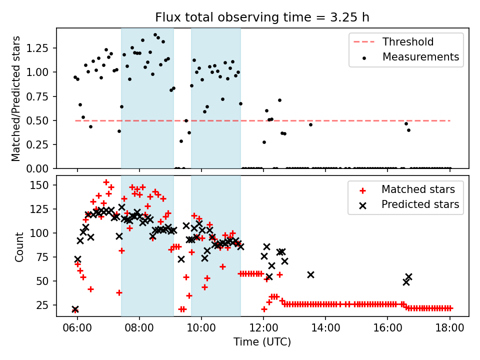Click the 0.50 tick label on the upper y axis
[x=37, y=121]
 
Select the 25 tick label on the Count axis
[x=42, y=305]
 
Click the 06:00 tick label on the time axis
[x=77, y=328]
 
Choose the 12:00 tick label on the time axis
[x=263, y=328]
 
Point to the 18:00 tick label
[x=449, y=328]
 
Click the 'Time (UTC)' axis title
[x=262, y=342]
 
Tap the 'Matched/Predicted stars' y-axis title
[x=16, y=98]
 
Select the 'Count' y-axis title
[x=19, y=247]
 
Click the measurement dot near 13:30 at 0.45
[x=310, y=124]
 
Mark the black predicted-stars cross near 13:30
[x=310, y=275]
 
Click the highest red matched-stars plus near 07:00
[x=106, y=182]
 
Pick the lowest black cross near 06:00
[x=75, y=309]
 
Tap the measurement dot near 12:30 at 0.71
[x=279, y=100]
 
